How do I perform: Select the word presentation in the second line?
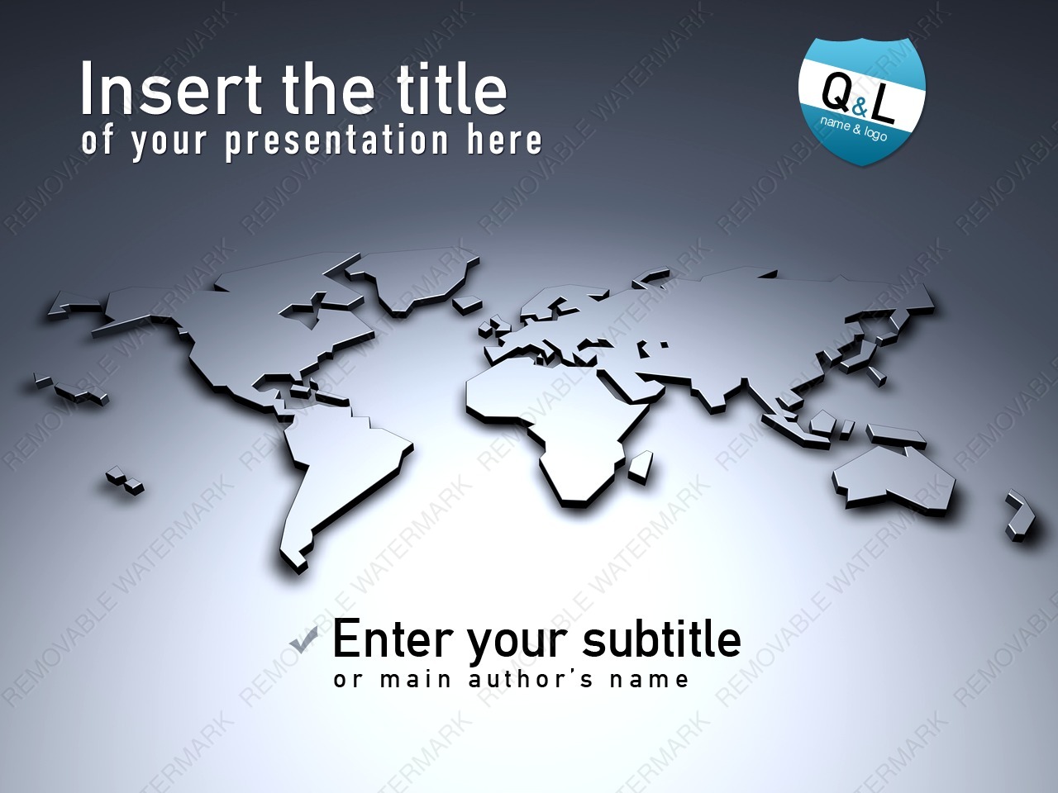[337, 141]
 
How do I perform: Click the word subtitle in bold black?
[662, 639]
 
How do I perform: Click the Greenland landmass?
[415, 279]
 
